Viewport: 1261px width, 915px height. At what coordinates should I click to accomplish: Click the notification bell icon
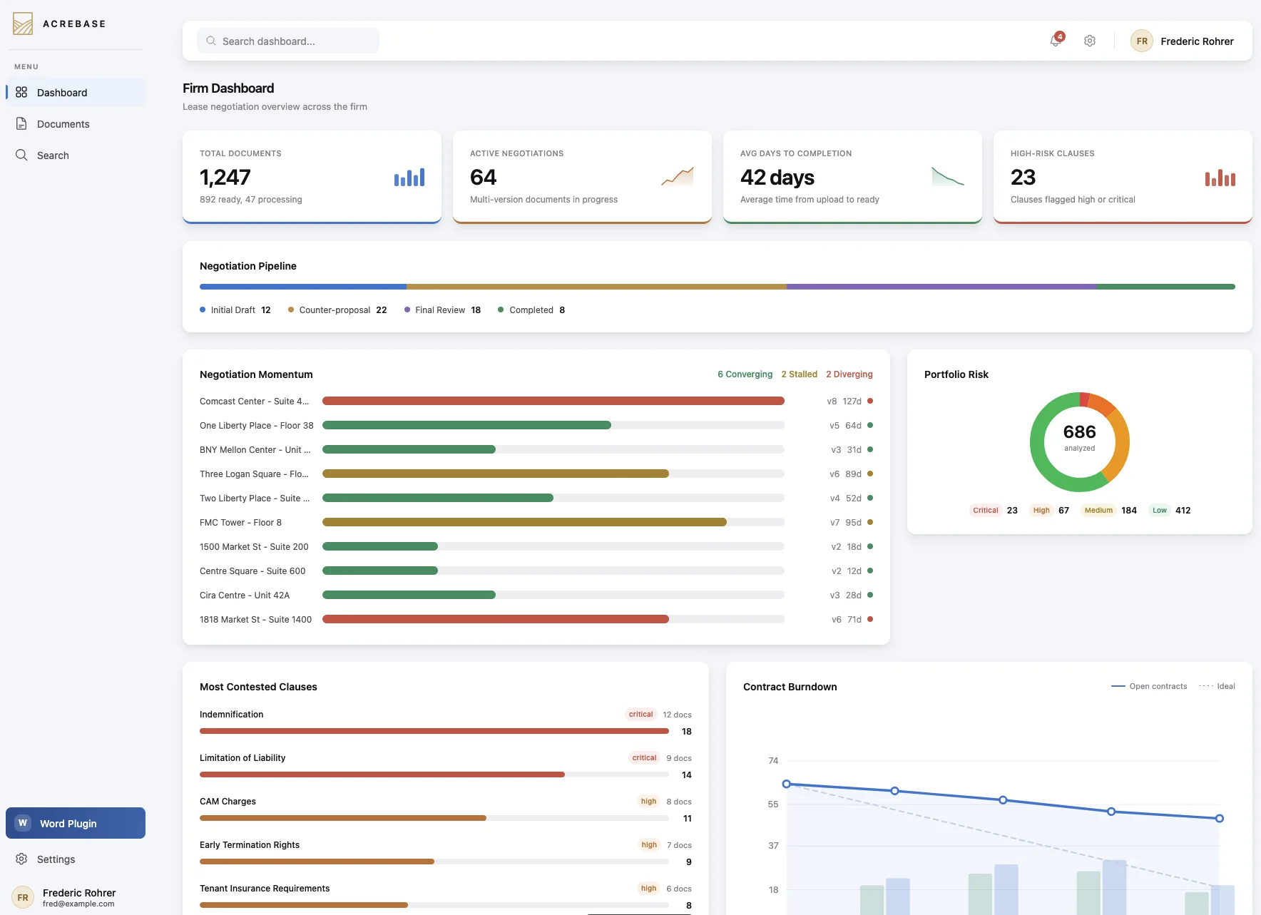(1056, 41)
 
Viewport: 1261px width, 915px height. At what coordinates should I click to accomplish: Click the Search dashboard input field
(288, 41)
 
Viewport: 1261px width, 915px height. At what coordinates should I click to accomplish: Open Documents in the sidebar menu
(63, 124)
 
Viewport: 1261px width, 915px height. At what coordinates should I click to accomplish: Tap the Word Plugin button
(76, 823)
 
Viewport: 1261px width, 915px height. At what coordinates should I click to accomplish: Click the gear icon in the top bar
(1090, 41)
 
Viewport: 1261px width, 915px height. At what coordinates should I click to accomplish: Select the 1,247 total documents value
(225, 177)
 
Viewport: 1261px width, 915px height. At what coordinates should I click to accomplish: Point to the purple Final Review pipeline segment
(941, 287)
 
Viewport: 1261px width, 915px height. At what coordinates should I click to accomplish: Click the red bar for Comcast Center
(553, 402)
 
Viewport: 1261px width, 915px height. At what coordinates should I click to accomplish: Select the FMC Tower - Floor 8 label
(240, 523)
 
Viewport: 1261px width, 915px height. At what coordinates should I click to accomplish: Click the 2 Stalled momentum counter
(799, 374)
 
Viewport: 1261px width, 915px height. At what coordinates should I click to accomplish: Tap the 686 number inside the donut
(1079, 432)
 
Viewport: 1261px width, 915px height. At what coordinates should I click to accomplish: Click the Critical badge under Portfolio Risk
(986, 511)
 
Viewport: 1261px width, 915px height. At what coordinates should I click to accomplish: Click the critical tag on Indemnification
(640, 715)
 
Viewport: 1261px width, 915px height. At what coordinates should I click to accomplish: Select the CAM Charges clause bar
(342, 818)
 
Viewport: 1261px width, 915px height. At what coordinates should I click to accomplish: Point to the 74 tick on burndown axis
(773, 761)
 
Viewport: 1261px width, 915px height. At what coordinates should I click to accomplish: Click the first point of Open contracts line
(787, 784)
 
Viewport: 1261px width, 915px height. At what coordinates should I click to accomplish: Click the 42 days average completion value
(777, 177)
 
